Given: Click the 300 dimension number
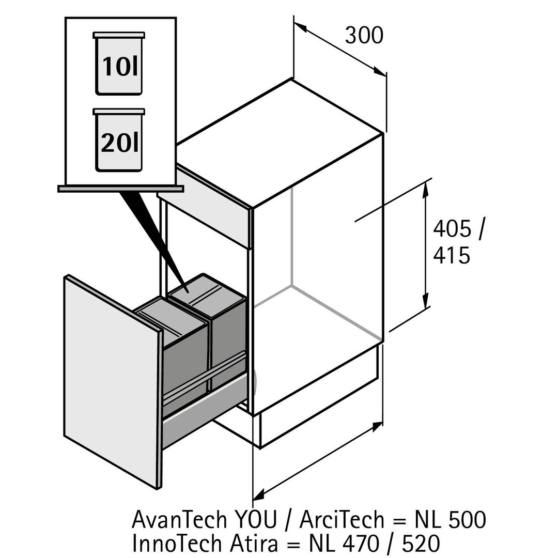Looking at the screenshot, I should pyautogui.click(x=364, y=36).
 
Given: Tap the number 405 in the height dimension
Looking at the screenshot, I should pyautogui.click(x=452, y=228).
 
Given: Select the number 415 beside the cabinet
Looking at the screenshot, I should pyautogui.click(x=452, y=255).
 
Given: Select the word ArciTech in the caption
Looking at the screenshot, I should pyautogui.click(x=342, y=519).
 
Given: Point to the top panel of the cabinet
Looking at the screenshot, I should pyautogui.click(x=279, y=139).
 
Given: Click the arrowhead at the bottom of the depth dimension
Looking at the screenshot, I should pyautogui.click(x=258, y=495).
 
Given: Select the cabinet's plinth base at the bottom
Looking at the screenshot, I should pyautogui.click(x=318, y=408).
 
